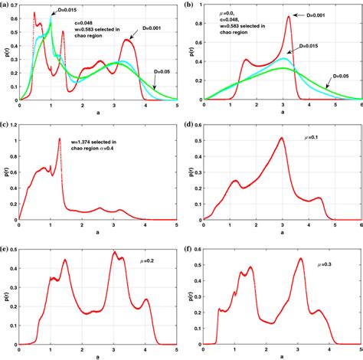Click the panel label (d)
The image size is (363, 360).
(x=190, y=125)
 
